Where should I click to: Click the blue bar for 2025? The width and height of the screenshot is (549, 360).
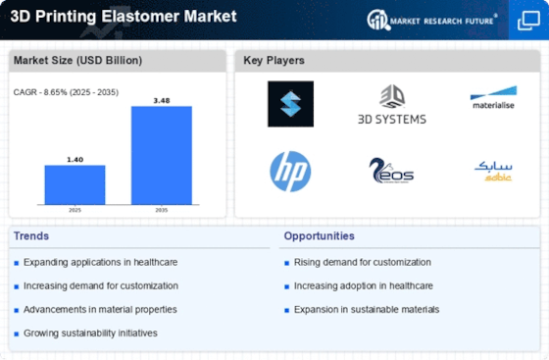pos(75,184)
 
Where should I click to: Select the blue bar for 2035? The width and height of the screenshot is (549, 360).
pos(162,155)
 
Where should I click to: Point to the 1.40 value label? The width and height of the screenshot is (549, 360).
pos(75,160)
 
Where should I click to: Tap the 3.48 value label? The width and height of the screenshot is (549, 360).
pos(162,101)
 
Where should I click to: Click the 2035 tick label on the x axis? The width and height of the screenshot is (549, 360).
pos(162,210)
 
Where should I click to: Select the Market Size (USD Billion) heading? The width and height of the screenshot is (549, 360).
pos(77,60)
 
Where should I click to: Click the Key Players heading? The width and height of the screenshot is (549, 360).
pos(274,60)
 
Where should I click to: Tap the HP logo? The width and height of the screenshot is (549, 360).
pos(290,172)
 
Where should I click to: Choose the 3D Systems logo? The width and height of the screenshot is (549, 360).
pos(392,105)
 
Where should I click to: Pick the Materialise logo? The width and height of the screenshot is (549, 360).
pos(493,97)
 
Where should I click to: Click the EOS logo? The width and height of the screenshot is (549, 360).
pos(391,171)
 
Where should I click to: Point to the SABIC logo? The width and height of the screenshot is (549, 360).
pos(493,171)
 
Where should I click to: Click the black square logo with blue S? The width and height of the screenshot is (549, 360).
pos(290,104)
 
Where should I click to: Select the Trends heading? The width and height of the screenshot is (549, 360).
pos(31,236)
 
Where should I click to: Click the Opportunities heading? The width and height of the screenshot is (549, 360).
pos(319,236)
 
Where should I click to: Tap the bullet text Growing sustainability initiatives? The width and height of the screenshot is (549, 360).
pos(90,334)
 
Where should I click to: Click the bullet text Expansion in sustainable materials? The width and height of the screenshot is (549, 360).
pos(367,310)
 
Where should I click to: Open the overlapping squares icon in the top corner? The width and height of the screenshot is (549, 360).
pos(528,21)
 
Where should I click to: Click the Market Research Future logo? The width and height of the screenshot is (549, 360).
pos(432,21)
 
